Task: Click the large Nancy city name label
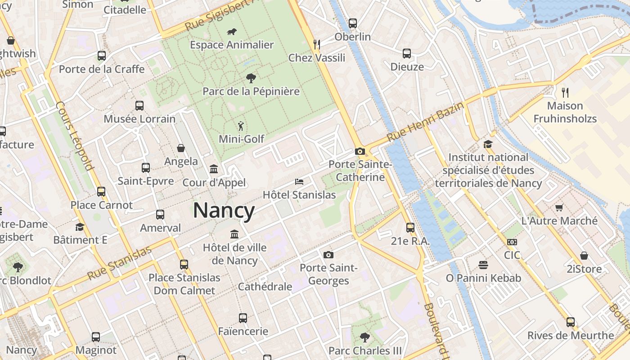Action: click(x=224, y=211)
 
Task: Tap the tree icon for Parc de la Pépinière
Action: click(x=251, y=78)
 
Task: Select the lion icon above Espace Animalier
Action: click(x=232, y=32)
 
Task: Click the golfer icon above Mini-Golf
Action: click(x=242, y=126)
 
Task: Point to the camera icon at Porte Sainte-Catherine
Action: click(x=360, y=152)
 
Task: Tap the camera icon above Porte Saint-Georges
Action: click(x=328, y=255)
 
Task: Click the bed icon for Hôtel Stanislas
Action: click(x=299, y=182)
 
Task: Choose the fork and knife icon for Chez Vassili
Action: click(x=317, y=44)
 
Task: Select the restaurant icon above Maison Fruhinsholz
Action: click(x=565, y=93)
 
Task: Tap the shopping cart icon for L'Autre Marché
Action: click(x=559, y=207)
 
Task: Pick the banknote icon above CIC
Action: click(x=512, y=242)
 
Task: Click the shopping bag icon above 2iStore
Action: click(x=584, y=256)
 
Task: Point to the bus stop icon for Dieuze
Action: click(x=407, y=54)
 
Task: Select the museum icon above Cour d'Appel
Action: click(x=214, y=169)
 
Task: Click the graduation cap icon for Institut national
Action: click(x=488, y=144)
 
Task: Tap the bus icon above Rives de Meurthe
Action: click(x=571, y=322)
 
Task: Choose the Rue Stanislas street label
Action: click(x=119, y=263)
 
